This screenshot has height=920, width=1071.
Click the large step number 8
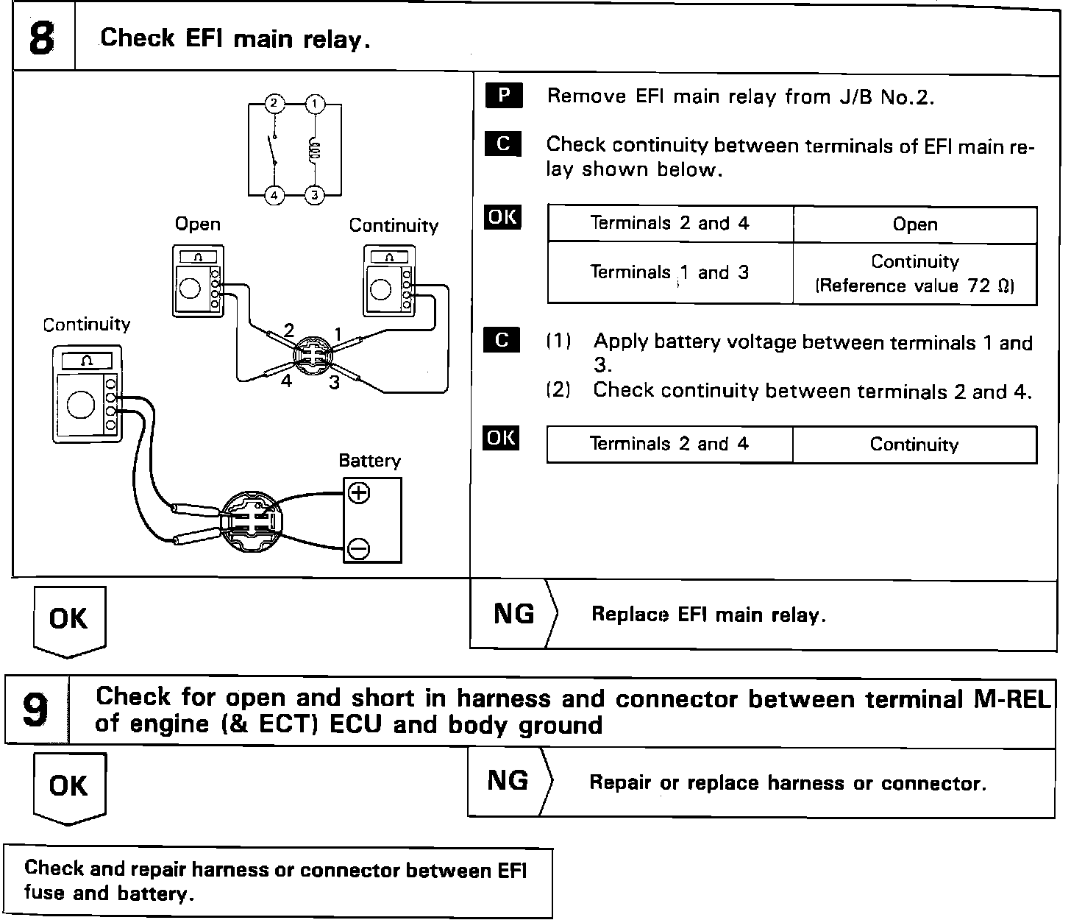(42, 39)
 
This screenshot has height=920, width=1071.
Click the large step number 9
(36, 710)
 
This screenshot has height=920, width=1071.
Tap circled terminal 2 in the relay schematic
(274, 103)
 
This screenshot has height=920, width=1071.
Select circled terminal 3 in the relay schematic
(315, 194)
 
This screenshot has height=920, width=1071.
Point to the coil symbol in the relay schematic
(314, 150)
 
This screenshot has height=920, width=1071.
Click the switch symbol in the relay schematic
(274, 150)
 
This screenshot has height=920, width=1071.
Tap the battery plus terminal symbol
(359, 492)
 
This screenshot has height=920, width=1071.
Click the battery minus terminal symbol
(359, 548)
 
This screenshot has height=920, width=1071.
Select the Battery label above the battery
(369, 461)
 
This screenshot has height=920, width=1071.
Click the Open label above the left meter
(197, 224)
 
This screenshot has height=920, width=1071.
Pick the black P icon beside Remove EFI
(503, 96)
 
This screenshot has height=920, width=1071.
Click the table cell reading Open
(914, 224)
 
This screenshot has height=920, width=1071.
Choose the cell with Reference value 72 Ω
(914, 274)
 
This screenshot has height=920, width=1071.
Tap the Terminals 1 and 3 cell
(669, 272)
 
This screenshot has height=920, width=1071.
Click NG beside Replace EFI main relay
(513, 613)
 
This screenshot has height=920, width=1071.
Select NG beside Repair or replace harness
(508, 780)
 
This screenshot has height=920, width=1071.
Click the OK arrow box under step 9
(69, 786)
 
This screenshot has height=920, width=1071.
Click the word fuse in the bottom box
(45, 894)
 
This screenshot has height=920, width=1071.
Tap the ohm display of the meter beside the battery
(88, 360)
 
